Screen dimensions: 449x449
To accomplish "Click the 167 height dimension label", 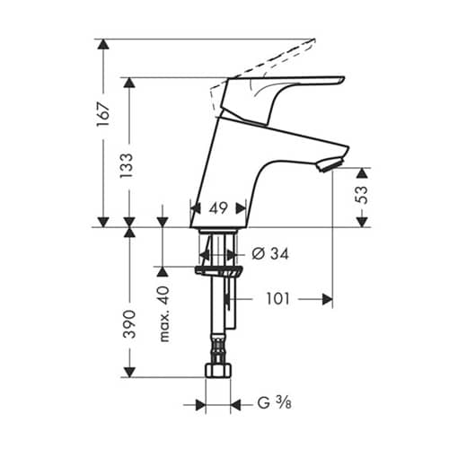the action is click(103, 114).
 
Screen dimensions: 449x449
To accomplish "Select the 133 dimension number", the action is click(127, 165).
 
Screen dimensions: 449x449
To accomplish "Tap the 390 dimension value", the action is click(130, 324).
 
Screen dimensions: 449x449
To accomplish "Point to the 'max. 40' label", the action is click(164, 314).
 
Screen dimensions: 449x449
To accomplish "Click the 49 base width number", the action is click(218, 208).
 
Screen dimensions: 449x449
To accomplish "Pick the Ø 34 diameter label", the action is click(270, 254).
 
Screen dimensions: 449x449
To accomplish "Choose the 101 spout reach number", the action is click(278, 299).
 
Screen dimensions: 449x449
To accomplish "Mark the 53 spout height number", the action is click(363, 195).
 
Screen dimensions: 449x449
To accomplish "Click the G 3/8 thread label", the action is click(274, 403).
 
